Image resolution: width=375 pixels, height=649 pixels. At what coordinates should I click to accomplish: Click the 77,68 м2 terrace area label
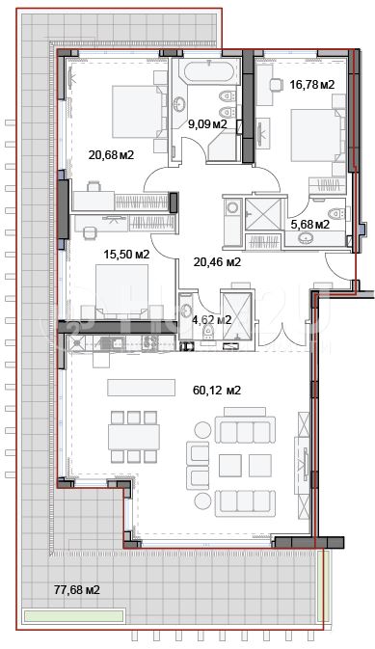[77, 589]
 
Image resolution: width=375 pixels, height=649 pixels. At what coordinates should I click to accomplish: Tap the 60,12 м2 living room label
[217, 391]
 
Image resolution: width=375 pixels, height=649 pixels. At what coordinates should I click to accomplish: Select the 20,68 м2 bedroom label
[111, 155]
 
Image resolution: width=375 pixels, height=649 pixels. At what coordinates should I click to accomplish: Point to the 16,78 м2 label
[311, 85]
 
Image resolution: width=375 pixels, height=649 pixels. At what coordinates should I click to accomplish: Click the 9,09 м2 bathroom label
[208, 123]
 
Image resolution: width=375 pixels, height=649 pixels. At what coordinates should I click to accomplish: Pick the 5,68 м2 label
[309, 225]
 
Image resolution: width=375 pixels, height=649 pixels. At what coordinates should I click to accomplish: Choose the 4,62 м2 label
[211, 319]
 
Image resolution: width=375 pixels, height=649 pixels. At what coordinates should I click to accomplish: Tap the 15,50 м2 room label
[126, 255]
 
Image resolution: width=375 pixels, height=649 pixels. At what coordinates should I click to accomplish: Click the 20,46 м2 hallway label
[217, 262]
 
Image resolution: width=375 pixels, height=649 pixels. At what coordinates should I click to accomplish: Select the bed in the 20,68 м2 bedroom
[137, 112]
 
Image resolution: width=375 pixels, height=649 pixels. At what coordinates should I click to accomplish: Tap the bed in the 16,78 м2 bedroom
[317, 135]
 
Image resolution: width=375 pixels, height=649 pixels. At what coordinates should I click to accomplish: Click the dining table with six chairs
[134, 437]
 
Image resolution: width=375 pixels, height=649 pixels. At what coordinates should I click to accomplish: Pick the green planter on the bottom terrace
[74, 615]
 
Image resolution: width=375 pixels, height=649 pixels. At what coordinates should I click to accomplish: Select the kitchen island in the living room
[141, 388]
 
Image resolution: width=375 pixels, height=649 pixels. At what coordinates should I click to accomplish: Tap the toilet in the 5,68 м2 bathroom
[336, 214]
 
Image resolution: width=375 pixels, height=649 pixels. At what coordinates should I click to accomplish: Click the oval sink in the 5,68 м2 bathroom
[306, 238]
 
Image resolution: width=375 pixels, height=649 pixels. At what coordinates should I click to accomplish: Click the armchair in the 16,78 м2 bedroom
[276, 85]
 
